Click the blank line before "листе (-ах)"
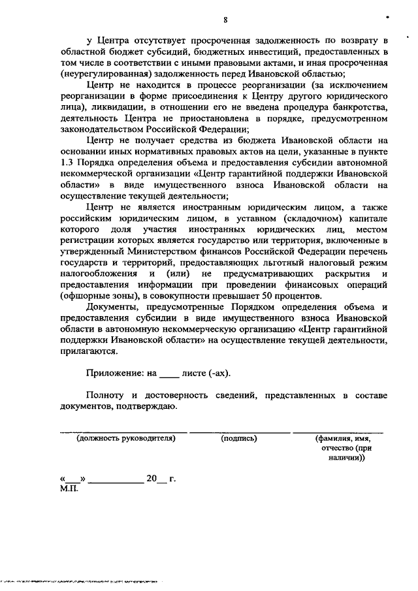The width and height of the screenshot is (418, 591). (x=169, y=374)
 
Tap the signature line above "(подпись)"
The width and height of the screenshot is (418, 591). (x=240, y=432)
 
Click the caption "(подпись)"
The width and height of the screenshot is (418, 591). (x=239, y=439)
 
